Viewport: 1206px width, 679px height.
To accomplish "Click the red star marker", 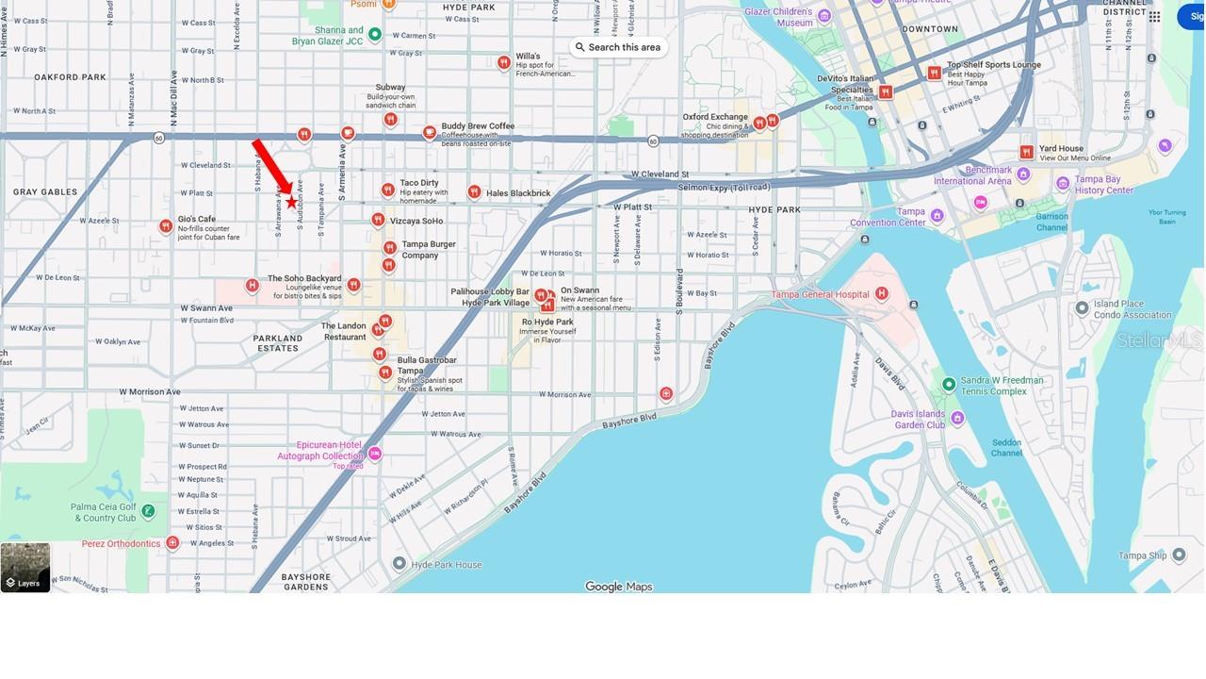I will point(291,202).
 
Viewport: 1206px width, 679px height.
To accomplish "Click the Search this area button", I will point(618,47).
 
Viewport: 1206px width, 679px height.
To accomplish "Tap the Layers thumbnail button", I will point(25,568).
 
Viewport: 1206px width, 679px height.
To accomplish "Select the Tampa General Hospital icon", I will point(882,293).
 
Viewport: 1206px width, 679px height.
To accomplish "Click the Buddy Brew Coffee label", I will point(478,126).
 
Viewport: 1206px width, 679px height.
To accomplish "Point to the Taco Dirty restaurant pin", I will point(387,190).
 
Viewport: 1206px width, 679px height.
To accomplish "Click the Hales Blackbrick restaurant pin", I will point(474,192).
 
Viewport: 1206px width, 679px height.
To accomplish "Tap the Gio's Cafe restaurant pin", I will point(166,225).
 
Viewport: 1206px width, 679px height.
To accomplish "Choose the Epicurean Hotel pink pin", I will point(375,454).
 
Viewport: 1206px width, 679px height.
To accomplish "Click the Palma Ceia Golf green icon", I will point(148,511).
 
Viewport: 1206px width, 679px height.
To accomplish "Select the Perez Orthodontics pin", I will point(172,542).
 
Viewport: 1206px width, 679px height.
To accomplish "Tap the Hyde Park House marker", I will point(399,563).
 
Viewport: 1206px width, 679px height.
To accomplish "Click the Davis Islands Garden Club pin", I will point(957,418).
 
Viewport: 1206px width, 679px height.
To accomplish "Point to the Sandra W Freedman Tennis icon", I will point(949,384).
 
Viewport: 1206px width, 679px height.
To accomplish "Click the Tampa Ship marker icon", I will point(1179,555).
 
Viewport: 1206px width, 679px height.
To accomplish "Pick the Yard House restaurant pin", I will point(1026,152).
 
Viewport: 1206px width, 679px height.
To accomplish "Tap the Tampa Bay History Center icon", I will point(1064,183).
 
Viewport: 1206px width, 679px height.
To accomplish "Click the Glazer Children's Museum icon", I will point(824,16).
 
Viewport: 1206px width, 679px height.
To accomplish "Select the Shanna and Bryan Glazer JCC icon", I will point(375,35).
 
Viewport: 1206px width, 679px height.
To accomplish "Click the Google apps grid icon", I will point(1154,16).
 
